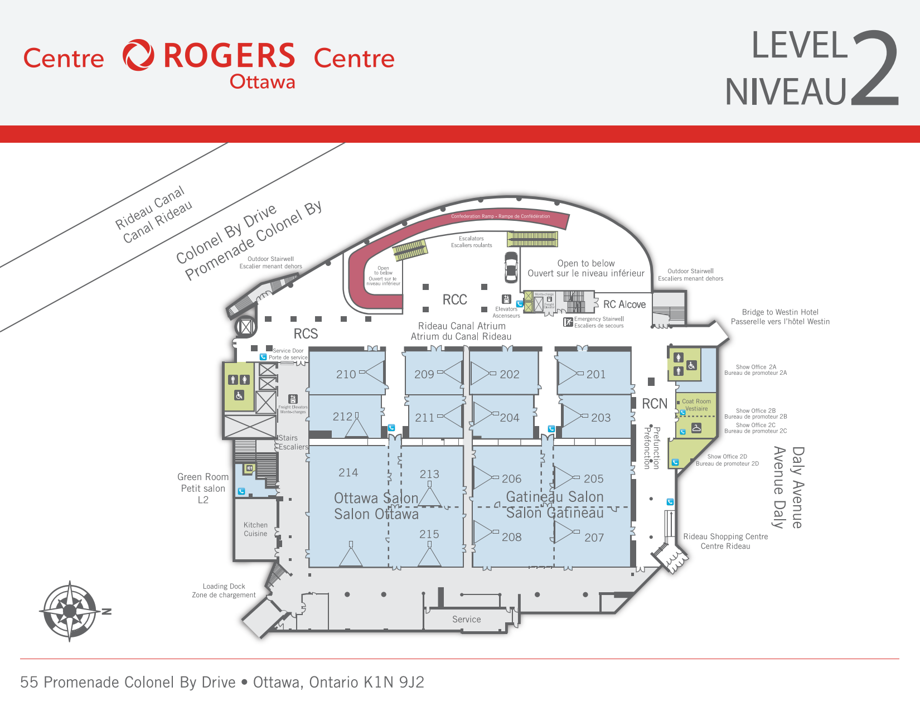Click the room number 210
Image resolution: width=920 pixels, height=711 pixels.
[346, 375]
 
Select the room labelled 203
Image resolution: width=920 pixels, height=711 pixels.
[601, 418]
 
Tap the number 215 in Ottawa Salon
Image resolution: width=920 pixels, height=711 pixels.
[429, 534]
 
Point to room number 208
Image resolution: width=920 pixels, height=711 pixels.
[511, 537]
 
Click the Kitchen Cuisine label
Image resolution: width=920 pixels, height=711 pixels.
[255, 529]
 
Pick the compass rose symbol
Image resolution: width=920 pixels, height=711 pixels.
[70, 611]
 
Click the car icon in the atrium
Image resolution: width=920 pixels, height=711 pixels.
[511, 267]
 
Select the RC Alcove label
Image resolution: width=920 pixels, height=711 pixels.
[624, 304]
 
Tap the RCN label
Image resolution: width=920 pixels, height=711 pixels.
[654, 404]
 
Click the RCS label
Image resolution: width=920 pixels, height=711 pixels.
[306, 333]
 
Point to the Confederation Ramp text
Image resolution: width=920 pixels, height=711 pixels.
[500, 216]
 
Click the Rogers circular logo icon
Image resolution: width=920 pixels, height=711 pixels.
[138, 55]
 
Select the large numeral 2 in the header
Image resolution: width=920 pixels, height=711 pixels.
[875, 68]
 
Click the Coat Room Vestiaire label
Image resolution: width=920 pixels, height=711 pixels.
[696, 405]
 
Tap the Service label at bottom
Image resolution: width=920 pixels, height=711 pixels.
[466, 619]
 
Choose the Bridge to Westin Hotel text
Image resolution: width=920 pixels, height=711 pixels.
[779, 317]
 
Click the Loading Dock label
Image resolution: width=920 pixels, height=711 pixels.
[224, 591]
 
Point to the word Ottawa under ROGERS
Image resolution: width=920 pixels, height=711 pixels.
[262, 82]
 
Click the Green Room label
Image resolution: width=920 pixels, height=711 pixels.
[202, 488]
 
